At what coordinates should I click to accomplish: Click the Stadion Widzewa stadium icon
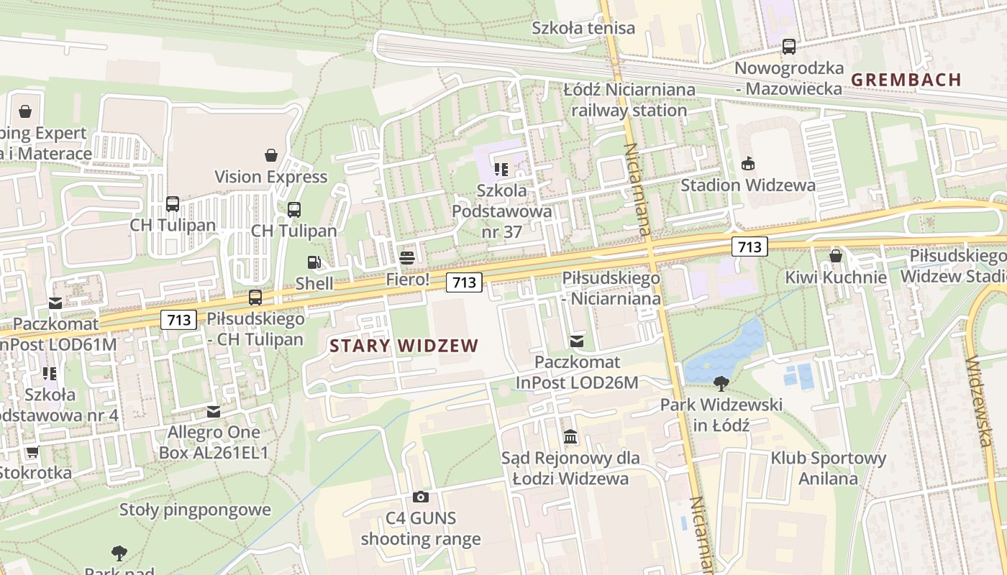[x=748, y=163]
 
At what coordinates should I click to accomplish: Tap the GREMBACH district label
[x=906, y=80]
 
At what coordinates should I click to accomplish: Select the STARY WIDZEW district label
[x=404, y=346]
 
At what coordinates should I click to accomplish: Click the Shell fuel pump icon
[x=314, y=263]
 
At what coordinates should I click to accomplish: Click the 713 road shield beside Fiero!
[x=464, y=282]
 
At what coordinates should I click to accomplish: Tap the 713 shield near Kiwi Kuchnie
[x=749, y=247]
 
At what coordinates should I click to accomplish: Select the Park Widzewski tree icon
[x=721, y=384]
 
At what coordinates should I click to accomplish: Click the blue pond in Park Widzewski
[x=726, y=352]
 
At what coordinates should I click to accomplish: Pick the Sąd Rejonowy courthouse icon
[x=570, y=436]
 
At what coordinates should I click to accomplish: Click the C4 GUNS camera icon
[x=421, y=497]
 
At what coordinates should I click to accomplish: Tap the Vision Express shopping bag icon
[x=271, y=155]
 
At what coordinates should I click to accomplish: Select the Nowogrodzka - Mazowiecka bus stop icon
[x=789, y=47]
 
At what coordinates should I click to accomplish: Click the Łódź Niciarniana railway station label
[x=629, y=100]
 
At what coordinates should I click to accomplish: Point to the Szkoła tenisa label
[x=583, y=28]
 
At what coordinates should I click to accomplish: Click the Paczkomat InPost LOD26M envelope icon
[x=577, y=341]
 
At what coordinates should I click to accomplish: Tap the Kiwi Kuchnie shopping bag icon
[x=836, y=256]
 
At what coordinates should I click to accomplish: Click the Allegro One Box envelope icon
[x=214, y=412]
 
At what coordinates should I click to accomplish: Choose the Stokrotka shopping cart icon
[x=32, y=452]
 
